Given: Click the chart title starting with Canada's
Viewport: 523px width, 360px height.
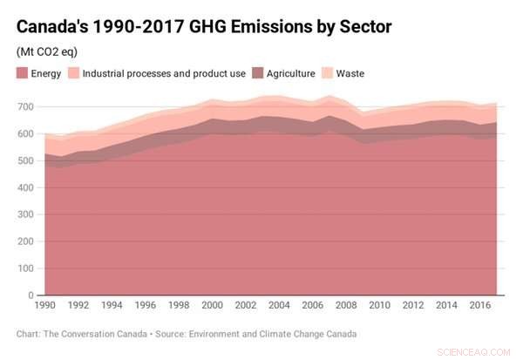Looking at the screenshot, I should (203, 27).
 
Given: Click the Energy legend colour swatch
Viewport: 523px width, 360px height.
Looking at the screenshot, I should (24, 73).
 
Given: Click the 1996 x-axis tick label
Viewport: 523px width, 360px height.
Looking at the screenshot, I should (145, 307).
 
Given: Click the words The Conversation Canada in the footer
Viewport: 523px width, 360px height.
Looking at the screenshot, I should (97, 333).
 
